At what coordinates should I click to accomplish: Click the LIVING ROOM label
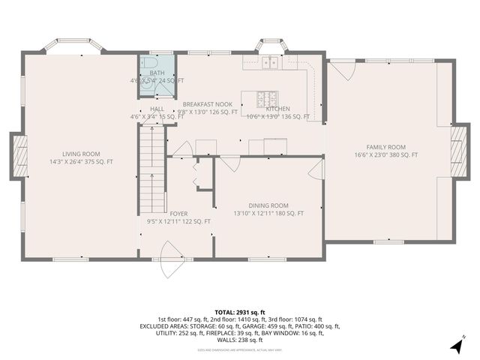80,153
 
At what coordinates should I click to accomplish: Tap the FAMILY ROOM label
385,147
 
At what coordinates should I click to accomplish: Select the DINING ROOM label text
268,205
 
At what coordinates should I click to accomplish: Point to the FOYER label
178,214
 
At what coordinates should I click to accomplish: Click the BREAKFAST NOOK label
207,104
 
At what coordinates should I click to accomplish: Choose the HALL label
157,109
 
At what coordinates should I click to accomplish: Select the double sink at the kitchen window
269,63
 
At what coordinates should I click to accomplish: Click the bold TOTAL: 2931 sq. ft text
240,312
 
